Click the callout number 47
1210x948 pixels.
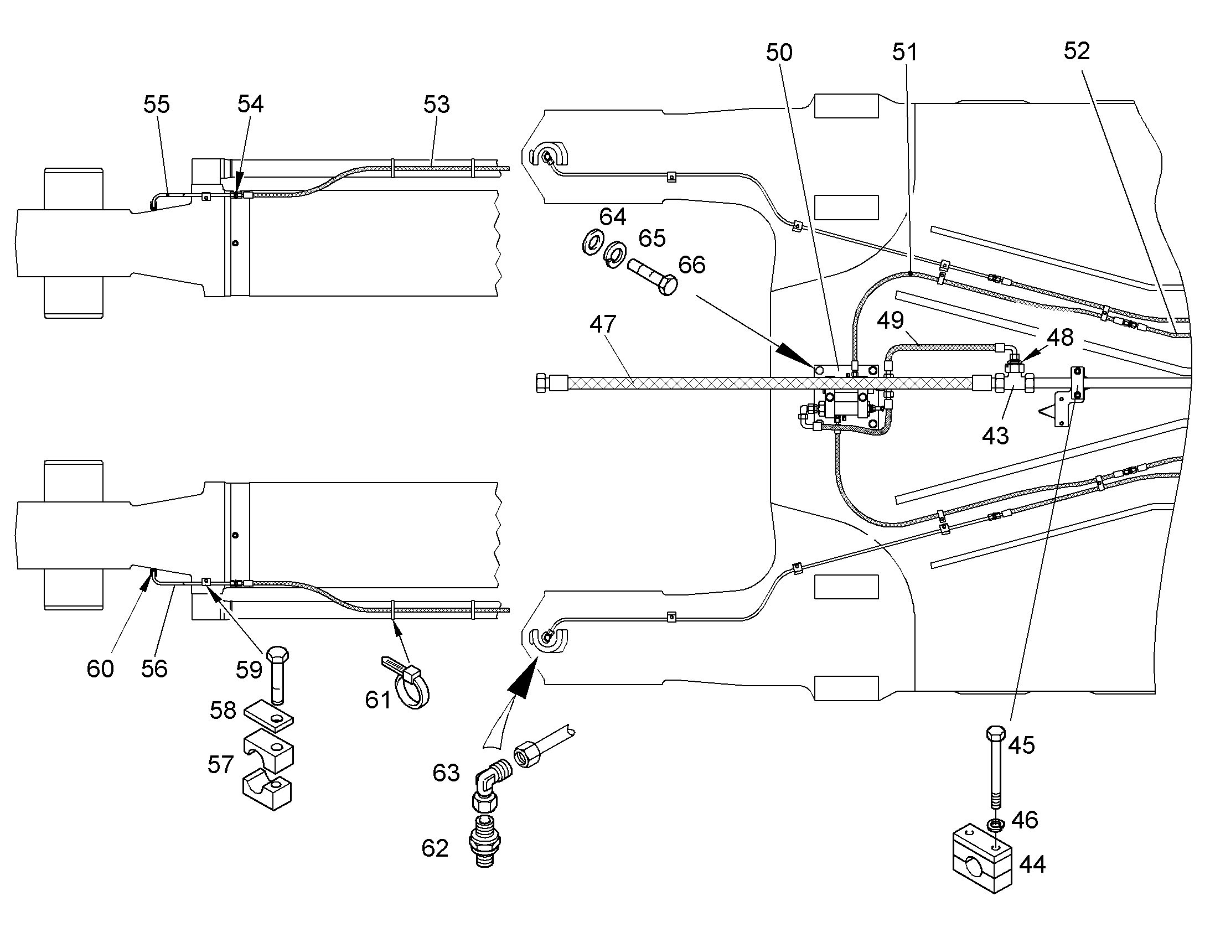tap(603, 324)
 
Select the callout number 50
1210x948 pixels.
tap(779, 53)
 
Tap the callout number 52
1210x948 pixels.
tap(1077, 51)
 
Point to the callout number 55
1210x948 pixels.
tap(156, 105)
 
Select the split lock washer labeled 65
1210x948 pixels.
tap(614, 254)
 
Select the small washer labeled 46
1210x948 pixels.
tap(996, 823)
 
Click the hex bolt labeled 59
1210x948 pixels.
tap(278, 675)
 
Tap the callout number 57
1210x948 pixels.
tap(220, 765)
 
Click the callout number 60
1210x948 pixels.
tap(100, 669)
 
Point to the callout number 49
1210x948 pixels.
tap(890, 320)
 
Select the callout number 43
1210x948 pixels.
tap(995, 436)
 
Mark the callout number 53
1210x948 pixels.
tap(436, 105)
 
